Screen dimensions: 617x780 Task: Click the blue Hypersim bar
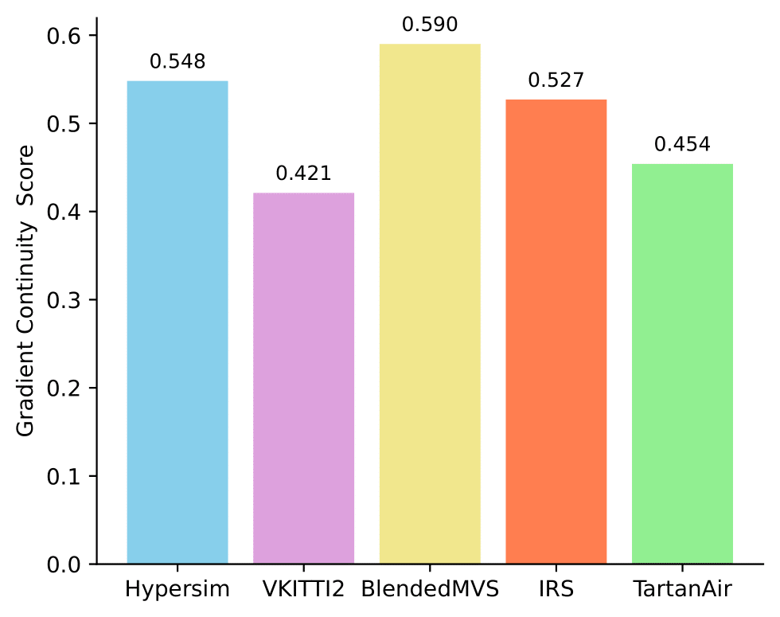177,322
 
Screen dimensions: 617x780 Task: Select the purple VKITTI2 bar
303,378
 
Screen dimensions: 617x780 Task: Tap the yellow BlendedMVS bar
430,304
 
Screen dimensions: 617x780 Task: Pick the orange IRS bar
556,332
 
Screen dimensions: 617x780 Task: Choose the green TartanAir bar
682,364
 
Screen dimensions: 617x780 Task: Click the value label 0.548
177,62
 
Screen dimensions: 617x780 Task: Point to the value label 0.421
303,174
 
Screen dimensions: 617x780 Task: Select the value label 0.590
430,25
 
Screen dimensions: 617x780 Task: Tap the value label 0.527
556,80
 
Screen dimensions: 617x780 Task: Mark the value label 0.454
682,145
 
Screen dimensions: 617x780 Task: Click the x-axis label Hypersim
177,590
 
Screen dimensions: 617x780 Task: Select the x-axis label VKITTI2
303,590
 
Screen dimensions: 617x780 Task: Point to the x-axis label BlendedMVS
430,590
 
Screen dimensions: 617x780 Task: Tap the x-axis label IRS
556,590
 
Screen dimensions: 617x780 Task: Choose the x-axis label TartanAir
682,590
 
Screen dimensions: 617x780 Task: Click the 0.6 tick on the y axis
66,36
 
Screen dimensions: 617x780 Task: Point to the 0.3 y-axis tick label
66,300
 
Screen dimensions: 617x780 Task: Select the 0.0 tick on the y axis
66,564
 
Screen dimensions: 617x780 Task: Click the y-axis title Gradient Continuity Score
26,291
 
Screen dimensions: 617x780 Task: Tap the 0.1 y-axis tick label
66,476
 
